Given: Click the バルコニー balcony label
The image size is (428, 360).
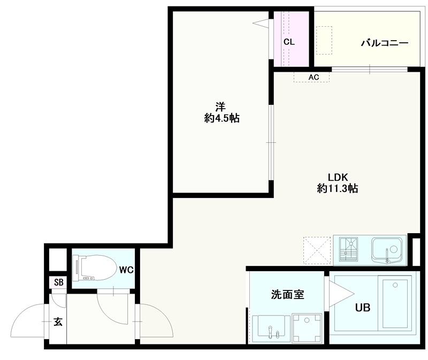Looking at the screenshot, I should (384, 43).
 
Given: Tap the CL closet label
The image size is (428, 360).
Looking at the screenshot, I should (289, 42).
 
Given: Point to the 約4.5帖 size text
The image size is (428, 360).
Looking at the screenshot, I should (221, 119).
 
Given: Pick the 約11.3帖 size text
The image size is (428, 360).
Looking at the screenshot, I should (338, 188).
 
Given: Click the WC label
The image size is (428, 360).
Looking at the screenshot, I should (126, 270).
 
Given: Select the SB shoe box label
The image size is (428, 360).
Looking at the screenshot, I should (58, 282).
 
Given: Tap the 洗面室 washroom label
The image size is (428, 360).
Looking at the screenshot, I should (288, 294).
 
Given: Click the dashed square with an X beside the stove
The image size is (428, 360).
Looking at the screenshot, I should (316, 250).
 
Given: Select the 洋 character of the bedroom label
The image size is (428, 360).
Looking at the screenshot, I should (219, 105).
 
